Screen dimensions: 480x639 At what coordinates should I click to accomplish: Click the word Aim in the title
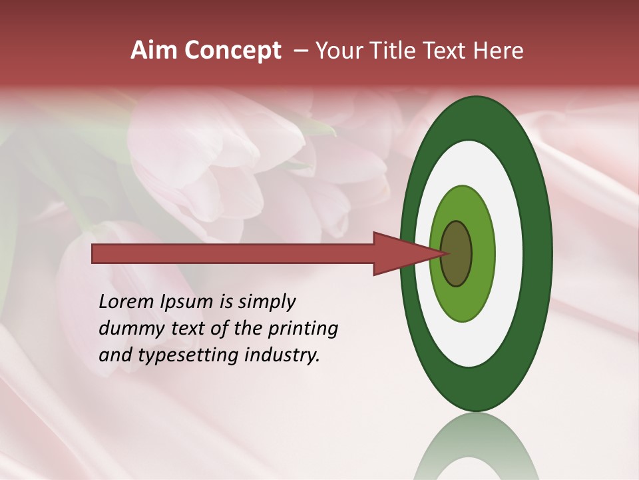(x=152, y=51)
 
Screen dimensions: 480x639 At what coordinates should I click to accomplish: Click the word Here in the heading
(x=499, y=51)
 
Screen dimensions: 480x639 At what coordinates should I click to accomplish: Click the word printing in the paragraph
(x=304, y=329)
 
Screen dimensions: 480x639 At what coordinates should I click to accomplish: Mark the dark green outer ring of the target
(x=539, y=253)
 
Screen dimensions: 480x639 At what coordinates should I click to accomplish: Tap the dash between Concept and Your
(x=301, y=51)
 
